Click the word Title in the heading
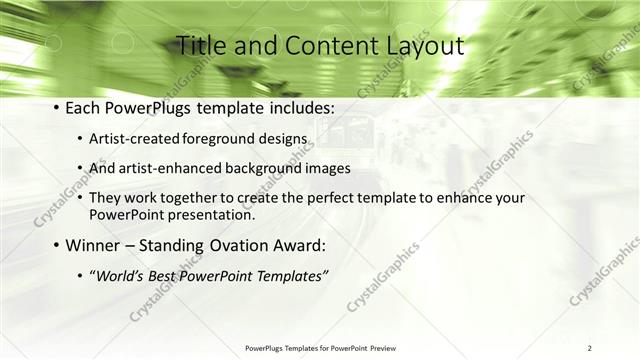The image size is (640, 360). [200, 46]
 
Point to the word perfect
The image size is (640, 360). [323, 198]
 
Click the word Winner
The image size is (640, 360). [93, 245]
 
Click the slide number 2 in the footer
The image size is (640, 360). [590, 348]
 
